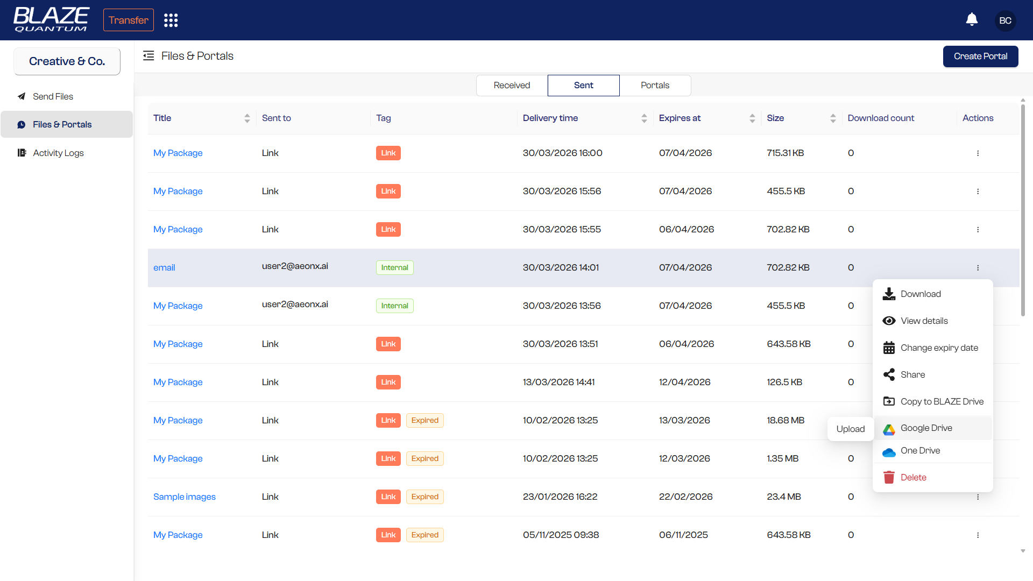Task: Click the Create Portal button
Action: click(x=980, y=56)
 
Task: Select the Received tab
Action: click(x=512, y=86)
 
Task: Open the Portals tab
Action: click(x=655, y=86)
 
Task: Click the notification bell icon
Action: click(x=972, y=20)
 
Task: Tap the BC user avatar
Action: click(x=1005, y=20)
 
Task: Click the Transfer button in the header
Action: click(x=128, y=20)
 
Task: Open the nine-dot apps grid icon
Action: click(x=171, y=20)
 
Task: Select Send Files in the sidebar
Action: click(x=53, y=96)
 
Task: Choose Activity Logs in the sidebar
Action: click(x=58, y=153)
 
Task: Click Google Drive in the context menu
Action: click(x=926, y=428)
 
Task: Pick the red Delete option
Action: click(x=913, y=477)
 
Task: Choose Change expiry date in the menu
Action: click(x=939, y=348)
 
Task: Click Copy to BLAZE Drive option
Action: click(x=942, y=401)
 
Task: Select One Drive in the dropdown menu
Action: click(x=920, y=451)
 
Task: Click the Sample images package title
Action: click(x=184, y=497)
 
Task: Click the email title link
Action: click(x=164, y=267)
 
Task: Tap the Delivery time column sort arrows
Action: click(x=644, y=118)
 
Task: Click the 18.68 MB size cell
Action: click(x=786, y=420)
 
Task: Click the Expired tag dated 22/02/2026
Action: click(x=424, y=497)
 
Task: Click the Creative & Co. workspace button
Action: click(x=67, y=61)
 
